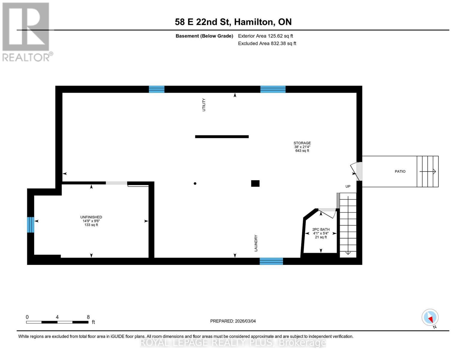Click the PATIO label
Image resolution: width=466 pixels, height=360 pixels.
click(x=400, y=172)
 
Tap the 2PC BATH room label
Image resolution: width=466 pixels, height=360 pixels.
click(x=321, y=229)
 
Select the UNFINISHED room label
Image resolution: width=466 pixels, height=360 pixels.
click(x=91, y=217)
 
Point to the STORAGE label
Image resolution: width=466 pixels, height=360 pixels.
click(x=302, y=143)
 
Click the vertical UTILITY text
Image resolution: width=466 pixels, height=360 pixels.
click(x=204, y=105)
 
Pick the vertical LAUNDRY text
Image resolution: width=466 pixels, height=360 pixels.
click(x=256, y=243)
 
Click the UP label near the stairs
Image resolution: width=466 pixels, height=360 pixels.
click(x=348, y=186)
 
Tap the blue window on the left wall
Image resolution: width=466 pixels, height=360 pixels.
click(x=30, y=225)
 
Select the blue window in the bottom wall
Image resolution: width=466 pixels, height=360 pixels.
click(x=271, y=261)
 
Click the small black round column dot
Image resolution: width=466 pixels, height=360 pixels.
click(x=195, y=184)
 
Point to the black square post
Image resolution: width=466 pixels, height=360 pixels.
click(x=255, y=183)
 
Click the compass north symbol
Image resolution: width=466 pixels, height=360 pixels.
click(x=430, y=317)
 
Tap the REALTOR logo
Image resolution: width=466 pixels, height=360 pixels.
click(x=26, y=32)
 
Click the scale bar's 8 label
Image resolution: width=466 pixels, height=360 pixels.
click(x=88, y=317)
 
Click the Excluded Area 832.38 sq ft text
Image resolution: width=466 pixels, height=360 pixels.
click(x=267, y=43)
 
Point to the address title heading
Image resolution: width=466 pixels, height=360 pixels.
click(x=233, y=22)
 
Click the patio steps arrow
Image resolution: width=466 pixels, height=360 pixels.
click(x=428, y=172)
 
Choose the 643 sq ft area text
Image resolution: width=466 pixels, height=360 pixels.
click(x=302, y=151)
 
